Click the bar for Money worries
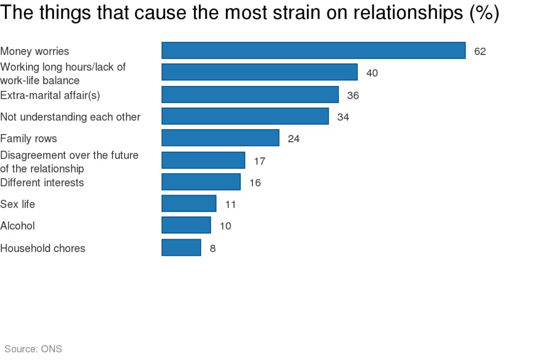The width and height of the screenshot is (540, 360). pyautogui.click(x=313, y=51)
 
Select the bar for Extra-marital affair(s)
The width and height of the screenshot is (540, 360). pyautogui.click(x=250, y=95)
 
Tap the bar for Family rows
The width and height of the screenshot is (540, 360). pyautogui.click(x=220, y=138)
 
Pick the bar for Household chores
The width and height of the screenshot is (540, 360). pyautogui.click(x=181, y=248)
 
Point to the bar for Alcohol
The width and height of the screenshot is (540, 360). pyautogui.click(x=186, y=225)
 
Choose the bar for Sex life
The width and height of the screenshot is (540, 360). pyautogui.click(x=188, y=204)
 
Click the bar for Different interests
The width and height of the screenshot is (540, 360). pyautogui.click(x=201, y=182)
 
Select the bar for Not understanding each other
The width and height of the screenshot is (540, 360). pyautogui.click(x=245, y=116)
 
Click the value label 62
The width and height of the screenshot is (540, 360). pyautogui.click(x=480, y=51)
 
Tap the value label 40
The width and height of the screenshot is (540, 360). pyautogui.click(x=372, y=73)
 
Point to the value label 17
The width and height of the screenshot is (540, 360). pyautogui.click(x=260, y=161)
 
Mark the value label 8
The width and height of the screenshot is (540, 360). pyautogui.click(x=213, y=248)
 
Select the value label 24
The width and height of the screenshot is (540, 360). pyautogui.click(x=294, y=139)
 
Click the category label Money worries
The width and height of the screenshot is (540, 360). pyautogui.click(x=35, y=51)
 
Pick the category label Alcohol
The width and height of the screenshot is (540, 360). pyautogui.click(x=18, y=225)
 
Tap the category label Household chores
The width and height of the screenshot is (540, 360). pyautogui.click(x=43, y=248)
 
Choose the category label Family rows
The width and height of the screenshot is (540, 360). pyautogui.click(x=29, y=138)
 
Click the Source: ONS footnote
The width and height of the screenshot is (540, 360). pyautogui.click(x=33, y=348)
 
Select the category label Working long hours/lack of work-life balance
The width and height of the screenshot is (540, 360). pyautogui.click(x=63, y=73)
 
